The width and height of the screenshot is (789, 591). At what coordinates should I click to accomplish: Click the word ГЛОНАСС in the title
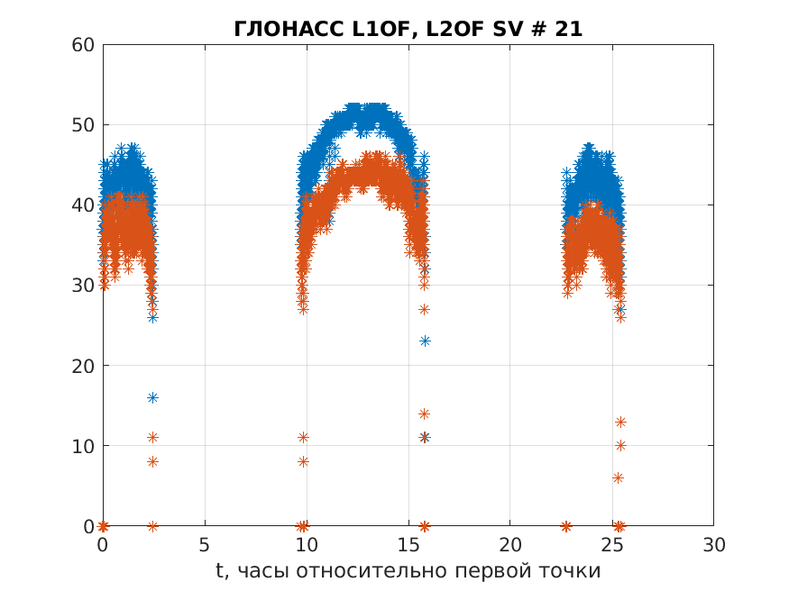point(276,30)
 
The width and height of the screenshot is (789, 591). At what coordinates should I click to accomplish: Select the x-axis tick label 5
point(205,544)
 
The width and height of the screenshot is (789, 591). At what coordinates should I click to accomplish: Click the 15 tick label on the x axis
point(408,544)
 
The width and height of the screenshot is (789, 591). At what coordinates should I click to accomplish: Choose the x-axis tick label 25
point(612,544)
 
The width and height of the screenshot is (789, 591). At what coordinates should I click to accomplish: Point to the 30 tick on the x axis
point(713,544)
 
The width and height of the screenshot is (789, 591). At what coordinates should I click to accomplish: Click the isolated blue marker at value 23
point(425,341)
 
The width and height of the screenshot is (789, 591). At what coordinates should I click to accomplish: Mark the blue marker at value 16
point(152,397)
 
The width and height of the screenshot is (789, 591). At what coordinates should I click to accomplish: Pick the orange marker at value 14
point(424,414)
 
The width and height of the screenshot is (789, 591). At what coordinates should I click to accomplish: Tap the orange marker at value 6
point(618,477)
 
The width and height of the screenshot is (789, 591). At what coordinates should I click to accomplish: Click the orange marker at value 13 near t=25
point(620,422)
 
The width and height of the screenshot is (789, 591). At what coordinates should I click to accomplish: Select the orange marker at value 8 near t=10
point(303,461)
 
